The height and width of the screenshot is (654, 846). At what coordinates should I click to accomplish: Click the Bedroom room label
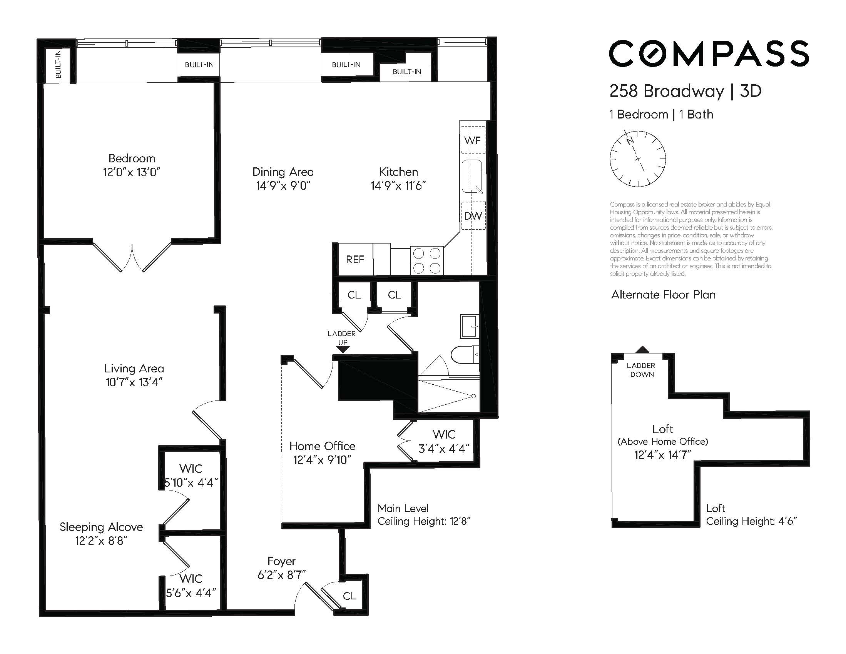click(132, 158)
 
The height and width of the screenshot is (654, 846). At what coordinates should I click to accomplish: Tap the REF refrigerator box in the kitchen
click(355, 259)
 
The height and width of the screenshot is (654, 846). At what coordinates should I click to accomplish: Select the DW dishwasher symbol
click(473, 216)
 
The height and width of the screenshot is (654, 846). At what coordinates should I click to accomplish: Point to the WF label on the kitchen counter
click(473, 140)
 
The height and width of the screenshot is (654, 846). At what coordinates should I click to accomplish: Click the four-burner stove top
click(426, 260)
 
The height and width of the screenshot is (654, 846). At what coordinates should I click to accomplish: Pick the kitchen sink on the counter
click(472, 176)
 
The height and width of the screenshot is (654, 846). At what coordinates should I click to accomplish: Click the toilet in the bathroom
click(465, 354)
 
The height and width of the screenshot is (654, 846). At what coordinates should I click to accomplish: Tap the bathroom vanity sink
click(469, 326)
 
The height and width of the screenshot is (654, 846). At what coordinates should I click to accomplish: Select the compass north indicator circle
click(638, 159)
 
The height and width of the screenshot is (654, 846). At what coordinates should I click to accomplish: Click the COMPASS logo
click(709, 54)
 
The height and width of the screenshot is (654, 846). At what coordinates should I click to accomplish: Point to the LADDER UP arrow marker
click(343, 349)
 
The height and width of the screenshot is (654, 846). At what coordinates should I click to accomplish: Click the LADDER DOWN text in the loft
click(641, 370)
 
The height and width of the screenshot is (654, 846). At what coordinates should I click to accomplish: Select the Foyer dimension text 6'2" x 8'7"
click(282, 575)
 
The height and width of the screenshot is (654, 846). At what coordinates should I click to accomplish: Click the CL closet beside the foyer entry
click(349, 596)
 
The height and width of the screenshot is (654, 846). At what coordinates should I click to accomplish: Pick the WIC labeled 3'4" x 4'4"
click(444, 441)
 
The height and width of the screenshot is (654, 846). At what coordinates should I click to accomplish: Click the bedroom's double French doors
click(132, 257)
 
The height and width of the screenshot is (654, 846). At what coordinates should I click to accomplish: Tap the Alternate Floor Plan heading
click(663, 295)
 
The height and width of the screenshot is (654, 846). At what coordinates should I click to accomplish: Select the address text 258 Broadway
click(666, 92)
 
